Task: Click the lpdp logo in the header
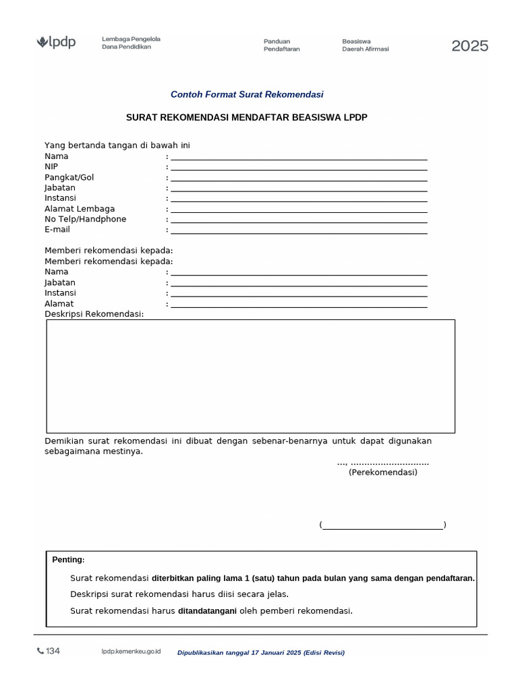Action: [x=56, y=43]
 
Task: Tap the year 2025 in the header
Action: [x=469, y=46]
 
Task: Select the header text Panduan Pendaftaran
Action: [x=281, y=45]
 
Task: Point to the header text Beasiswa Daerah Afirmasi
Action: [x=365, y=45]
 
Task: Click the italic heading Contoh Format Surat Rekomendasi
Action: [x=247, y=95]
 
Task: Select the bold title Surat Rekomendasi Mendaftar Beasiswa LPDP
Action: [x=247, y=117]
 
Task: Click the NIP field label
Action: [x=51, y=166]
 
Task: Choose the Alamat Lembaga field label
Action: [x=80, y=209]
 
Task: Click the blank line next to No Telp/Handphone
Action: [x=299, y=220]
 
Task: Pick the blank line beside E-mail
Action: [x=299, y=231]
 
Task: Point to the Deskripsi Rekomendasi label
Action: [x=94, y=314]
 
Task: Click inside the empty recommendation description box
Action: [x=250, y=376]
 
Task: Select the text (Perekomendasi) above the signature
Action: [x=382, y=472]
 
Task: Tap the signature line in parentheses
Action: [x=382, y=526]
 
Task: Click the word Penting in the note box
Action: [x=68, y=560]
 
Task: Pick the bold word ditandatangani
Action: [x=207, y=611]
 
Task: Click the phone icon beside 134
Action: [x=40, y=651]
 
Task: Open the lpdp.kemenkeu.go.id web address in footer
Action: [x=131, y=652]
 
